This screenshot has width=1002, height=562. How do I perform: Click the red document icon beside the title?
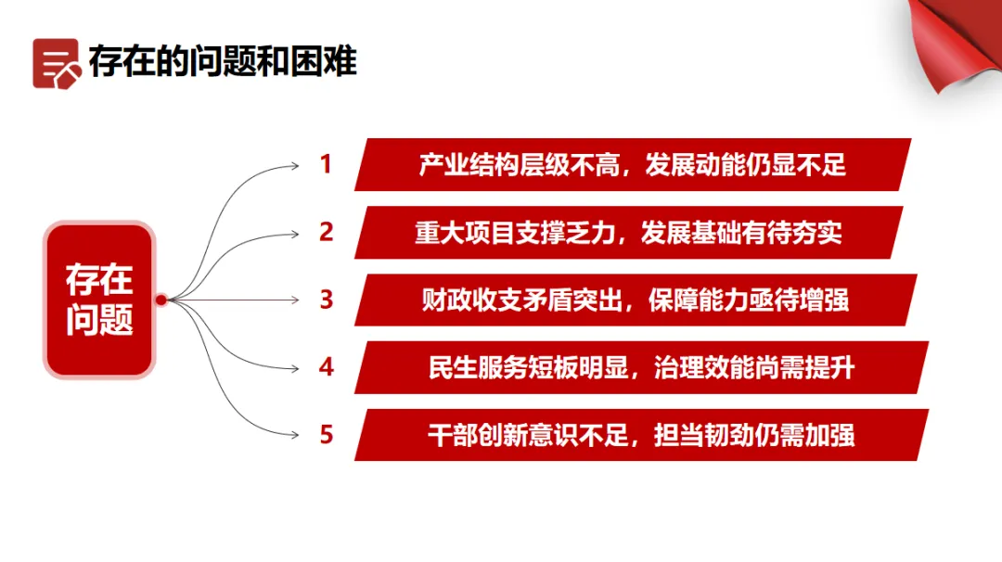point(56,62)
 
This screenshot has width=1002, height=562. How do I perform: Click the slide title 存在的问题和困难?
point(223,62)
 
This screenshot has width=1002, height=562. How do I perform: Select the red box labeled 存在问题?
point(99,300)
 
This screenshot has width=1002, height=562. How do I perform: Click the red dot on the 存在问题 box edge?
point(161,300)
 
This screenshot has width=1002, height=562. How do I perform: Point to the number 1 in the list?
point(326,165)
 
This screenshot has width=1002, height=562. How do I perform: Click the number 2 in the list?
point(326,232)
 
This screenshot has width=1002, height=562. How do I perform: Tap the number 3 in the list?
point(326,300)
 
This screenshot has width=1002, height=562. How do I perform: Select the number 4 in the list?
point(326,367)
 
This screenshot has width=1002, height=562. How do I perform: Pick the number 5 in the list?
point(326,434)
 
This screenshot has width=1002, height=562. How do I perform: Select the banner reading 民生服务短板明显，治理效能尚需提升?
point(641,367)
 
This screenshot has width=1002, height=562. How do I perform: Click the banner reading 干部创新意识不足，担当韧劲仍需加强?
point(641,434)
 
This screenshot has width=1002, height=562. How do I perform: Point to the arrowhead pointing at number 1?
point(295,166)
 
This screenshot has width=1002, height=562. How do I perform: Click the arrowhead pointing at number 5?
point(295,434)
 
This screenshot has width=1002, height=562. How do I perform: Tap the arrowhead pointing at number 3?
point(295,300)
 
